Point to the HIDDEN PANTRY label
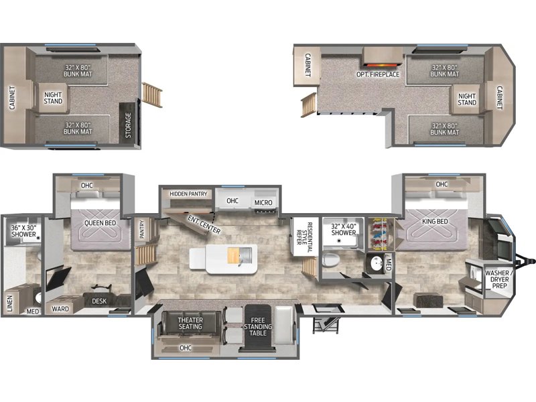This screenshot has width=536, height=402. tap(188, 194)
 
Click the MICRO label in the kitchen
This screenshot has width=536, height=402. tap(263, 202)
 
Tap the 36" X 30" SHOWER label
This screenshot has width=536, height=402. tap(23, 232)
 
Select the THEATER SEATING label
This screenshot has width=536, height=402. tap(190, 323)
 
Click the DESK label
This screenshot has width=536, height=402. tap(100, 301)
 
